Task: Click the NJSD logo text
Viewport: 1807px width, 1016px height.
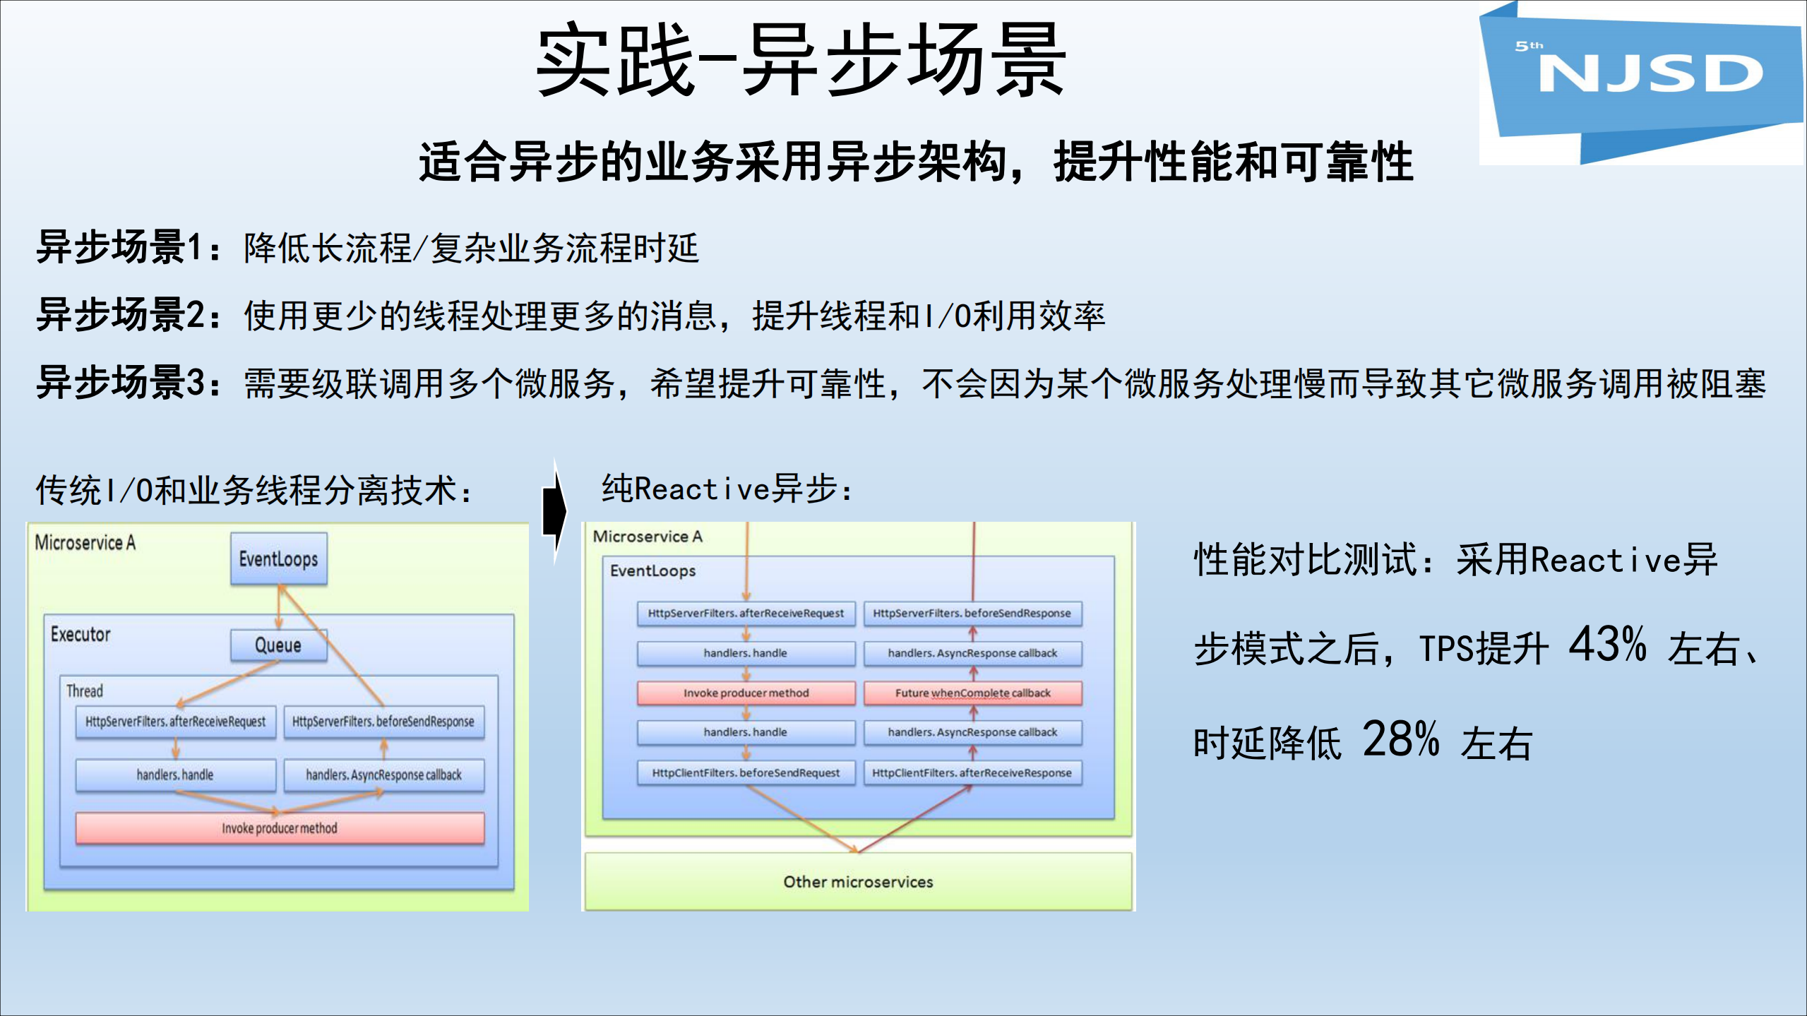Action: pyautogui.click(x=1650, y=74)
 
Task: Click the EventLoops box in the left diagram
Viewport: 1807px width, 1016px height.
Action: pyautogui.click(x=279, y=559)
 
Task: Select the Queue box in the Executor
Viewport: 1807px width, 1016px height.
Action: pyautogui.click(x=279, y=645)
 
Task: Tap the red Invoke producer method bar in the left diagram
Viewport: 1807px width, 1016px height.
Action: pyautogui.click(x=280, y=828)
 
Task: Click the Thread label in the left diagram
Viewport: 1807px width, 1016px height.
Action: pyautogui.click(x=85, y=691)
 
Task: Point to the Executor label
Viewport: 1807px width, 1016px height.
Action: pyautogui.click(x=80, y=634)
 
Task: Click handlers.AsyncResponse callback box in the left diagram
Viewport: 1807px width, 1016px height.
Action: pyautogui.click(x=383, y=775)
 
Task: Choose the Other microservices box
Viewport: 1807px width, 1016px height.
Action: pyautogui.click(x=858, y=881)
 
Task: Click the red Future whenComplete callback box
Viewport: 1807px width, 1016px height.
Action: pyautogui.click(x=972, y=693)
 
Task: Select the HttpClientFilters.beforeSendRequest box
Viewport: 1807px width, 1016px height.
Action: pyautogui.click(x=746, y=772)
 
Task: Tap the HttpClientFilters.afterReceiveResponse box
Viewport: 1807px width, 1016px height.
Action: pyautogui.click(x=972, y=772)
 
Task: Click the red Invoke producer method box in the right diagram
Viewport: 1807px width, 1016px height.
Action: pyautogui.click(x=746, y=693)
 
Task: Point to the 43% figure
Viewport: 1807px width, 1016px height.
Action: pyautogui.click(x=1607, y=644)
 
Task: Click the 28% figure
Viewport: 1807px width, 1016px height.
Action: pyautogui.click(x=1401, y=739)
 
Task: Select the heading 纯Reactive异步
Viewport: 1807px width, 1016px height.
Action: pyautogui.click(x=727, y=489)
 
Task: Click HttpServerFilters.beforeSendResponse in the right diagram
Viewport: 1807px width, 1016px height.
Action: pyautogui.click(x=972, y=613)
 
